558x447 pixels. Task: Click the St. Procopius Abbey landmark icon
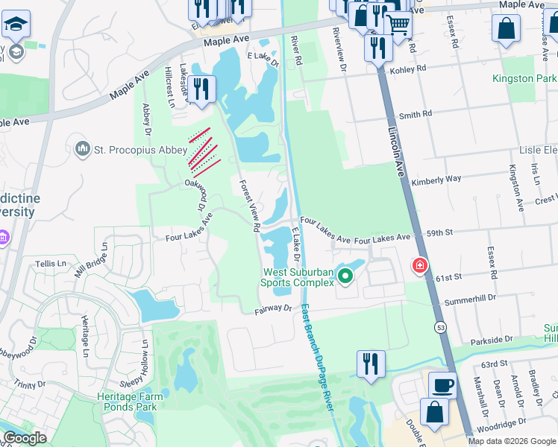click(82, 150)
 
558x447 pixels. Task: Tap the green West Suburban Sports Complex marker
click(345, 277)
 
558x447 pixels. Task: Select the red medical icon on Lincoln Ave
click(420, 265)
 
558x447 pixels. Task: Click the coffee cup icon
click(442, 384)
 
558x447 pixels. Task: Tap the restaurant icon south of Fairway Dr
click(371, 364)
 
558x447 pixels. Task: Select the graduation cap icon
click(15, 25)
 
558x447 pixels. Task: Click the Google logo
click(25, 438)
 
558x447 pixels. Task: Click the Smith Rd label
click(416, 115)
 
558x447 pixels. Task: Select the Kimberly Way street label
click(436, 180)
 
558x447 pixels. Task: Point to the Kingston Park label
click(524, 78)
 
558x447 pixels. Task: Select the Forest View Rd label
click(249, 204)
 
